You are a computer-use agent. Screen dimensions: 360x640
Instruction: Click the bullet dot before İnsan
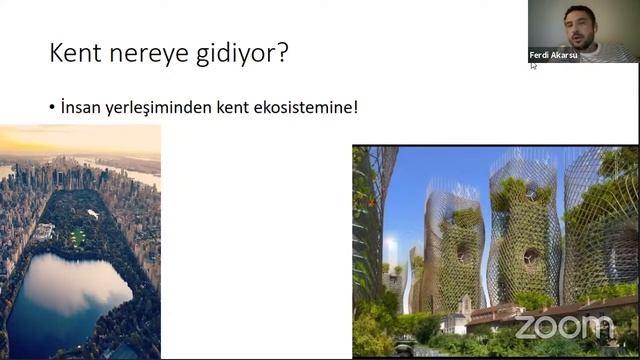(51, 106)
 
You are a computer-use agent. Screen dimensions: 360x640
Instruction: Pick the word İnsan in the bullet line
(80, 105)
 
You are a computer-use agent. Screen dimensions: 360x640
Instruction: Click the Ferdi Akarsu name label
(553, 55)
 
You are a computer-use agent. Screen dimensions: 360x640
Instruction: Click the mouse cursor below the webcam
(533, 66)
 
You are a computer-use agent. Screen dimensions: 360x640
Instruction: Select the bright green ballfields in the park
(77, 236)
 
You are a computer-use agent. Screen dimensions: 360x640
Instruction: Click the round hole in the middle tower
(530, 257)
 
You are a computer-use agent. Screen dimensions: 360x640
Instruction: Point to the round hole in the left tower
(462, 251)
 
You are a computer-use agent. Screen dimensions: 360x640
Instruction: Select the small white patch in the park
(92, 213)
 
